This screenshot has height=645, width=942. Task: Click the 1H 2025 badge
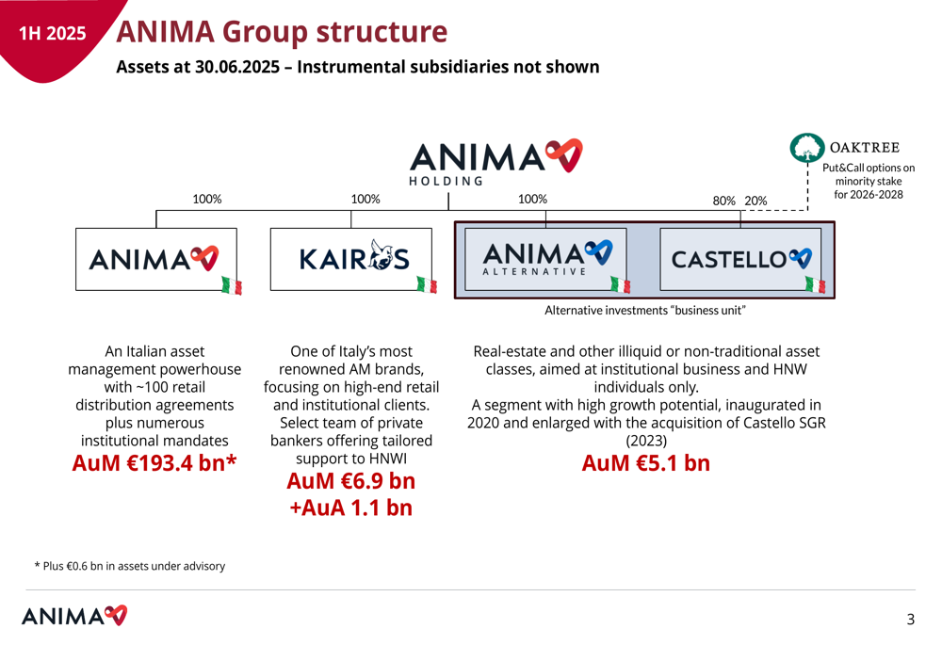pyautogui.click(x=53, y=33)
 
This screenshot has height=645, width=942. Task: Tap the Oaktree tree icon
pyautogui.click(x=806, y=148)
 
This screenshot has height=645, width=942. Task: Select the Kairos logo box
pyautogui.click(x=350, y=259)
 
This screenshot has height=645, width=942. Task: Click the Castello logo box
pyautogui.click(x=740, y=259)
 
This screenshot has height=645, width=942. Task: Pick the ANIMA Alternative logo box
pyautogui.click(x=545, y=259)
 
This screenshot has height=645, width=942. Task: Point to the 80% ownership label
pyautogui.click(x=723, y=202)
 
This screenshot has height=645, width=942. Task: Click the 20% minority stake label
pyautogui.click(x=755, y=202)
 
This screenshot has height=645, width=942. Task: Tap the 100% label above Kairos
pyautogui.click(x=365, y=199)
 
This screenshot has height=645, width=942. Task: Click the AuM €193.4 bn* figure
pyautogui.click(x=154, y=463)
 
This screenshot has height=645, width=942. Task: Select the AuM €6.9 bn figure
pyautogui.click(x=350, y=481)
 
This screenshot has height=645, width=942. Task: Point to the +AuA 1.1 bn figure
pyautogui.click(x=350, y=508)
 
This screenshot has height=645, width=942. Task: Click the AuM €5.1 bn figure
pyautogui.click(x=646, y=463)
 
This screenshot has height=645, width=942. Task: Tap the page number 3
pyautogui.click(x=911, y=620)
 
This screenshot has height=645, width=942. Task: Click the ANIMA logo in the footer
pyautogui.click(x=74, y=616)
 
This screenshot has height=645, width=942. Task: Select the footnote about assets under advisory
pyautogui.click(x=130, y=566)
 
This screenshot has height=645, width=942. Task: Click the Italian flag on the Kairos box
pyautogui.click(x=427, y=284)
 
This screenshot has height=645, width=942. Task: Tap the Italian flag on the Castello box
pyautogui.click(x=815, y=284)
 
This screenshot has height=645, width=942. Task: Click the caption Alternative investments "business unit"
pyautogui.click(x=645, y=311)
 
